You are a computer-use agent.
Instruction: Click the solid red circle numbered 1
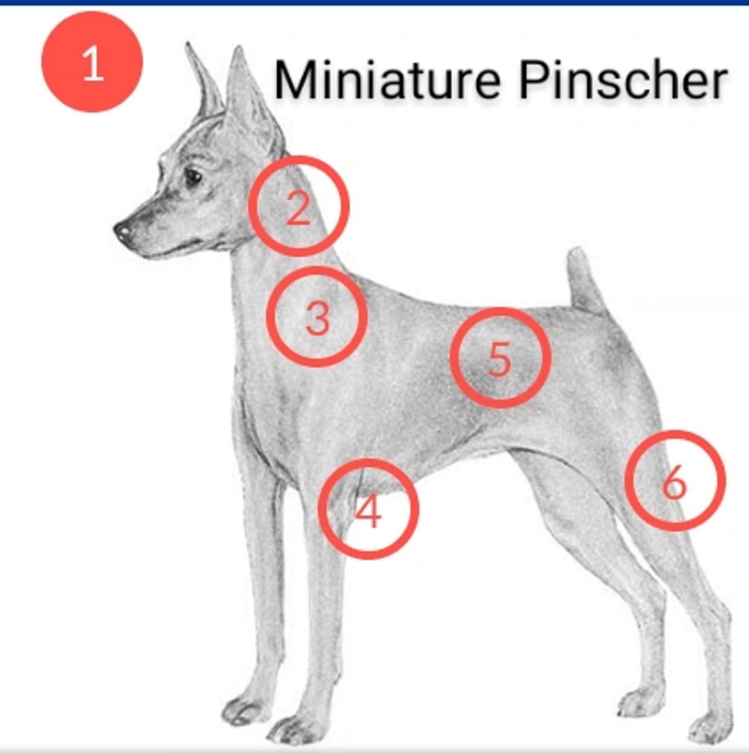[x=92, y=62]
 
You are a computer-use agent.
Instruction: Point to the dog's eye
[x=193, y=177]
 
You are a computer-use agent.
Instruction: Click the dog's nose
[x=122, y=231]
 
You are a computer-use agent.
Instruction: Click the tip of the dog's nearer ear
[x=239, y=49]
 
